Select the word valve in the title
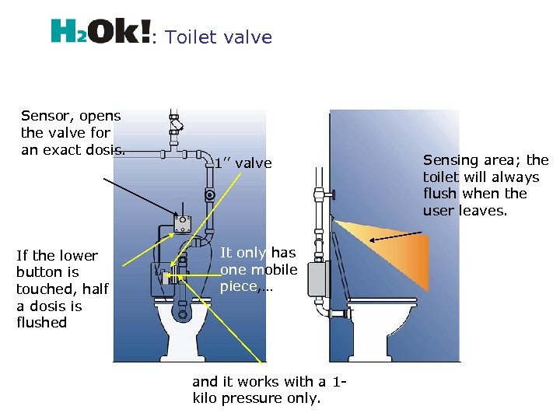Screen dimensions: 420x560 247,37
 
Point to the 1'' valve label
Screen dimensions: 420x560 243,163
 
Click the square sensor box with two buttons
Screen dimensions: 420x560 183,224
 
